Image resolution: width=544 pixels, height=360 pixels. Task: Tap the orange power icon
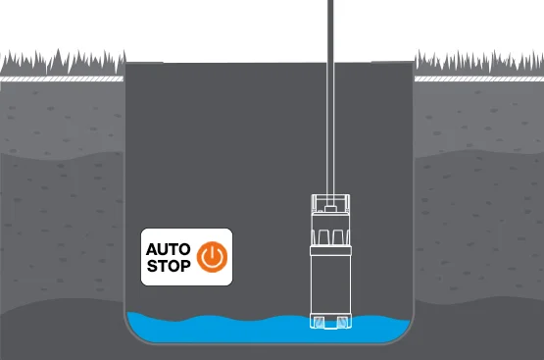coord(212,256)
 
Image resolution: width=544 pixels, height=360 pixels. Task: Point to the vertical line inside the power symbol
coord(212,251)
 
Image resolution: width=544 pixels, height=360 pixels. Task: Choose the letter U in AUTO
coord(162,247)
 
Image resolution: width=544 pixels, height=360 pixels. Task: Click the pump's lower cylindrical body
coord(331,284)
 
